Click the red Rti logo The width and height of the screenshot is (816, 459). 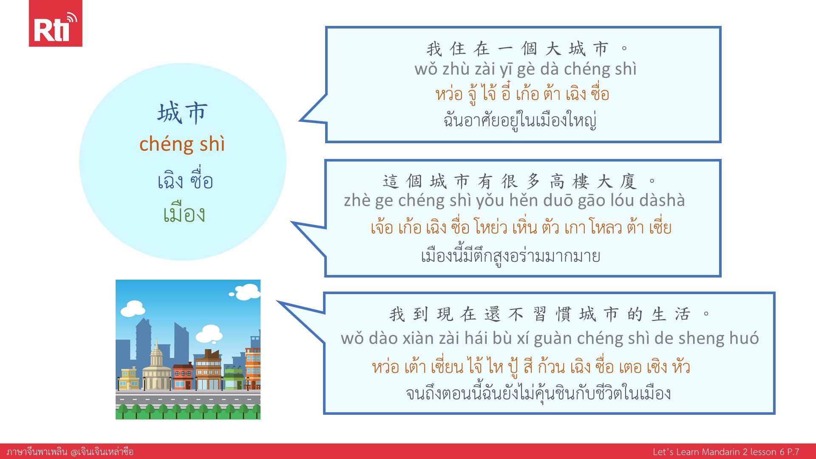(55, 23)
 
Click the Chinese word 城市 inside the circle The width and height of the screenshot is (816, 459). (183, 113)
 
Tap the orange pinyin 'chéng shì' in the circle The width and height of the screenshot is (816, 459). (182, 144)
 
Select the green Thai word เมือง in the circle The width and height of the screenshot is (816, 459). (184, 213)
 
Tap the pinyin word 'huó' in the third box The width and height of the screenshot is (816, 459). (744, 338)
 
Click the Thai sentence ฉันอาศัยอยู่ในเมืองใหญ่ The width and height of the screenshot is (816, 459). (520, 120)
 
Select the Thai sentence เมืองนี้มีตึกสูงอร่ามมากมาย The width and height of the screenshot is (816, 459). (510, 256)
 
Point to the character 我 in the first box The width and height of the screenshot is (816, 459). (434, 49)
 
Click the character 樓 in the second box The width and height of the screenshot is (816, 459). (581, 181)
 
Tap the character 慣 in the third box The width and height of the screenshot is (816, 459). (564, 314)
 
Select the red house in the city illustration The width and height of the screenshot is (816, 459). (183, 377)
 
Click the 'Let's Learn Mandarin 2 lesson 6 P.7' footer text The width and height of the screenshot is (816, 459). (726, 452)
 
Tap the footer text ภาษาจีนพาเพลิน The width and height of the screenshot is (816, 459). (37, 451)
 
